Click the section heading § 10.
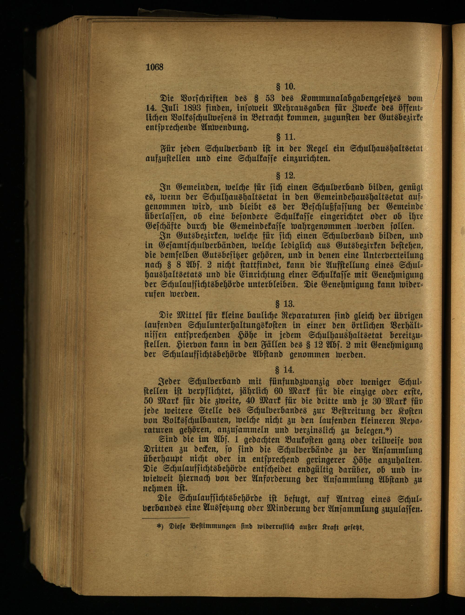(x=285, y=87)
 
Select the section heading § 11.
(x=285, y=137)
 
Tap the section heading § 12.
(x=285, y=176)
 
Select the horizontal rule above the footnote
(x=165, y=518)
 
